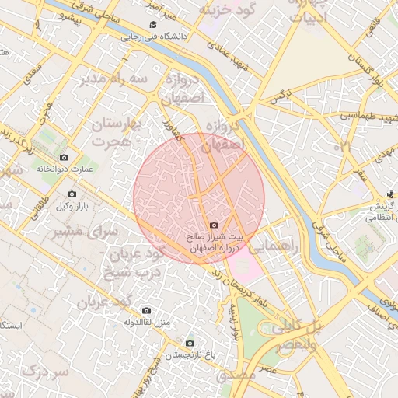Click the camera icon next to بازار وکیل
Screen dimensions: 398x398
[x=72, y=194]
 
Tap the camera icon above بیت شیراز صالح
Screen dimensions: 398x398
[x=215, y=225]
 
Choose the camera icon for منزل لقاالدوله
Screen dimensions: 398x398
[x=146, y=311]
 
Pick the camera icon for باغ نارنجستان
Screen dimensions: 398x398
[x=190, y=343]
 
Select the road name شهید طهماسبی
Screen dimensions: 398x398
[x=362, y=116]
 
